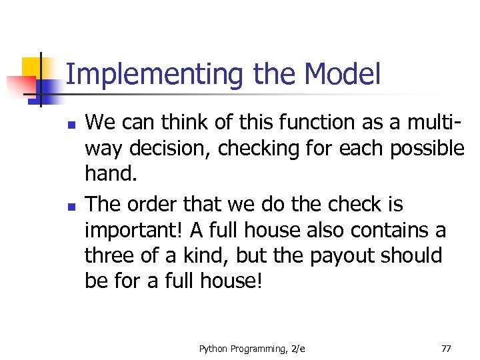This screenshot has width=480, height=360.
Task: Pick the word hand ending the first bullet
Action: point(109,174)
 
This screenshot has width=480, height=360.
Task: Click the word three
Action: point(111,256)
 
